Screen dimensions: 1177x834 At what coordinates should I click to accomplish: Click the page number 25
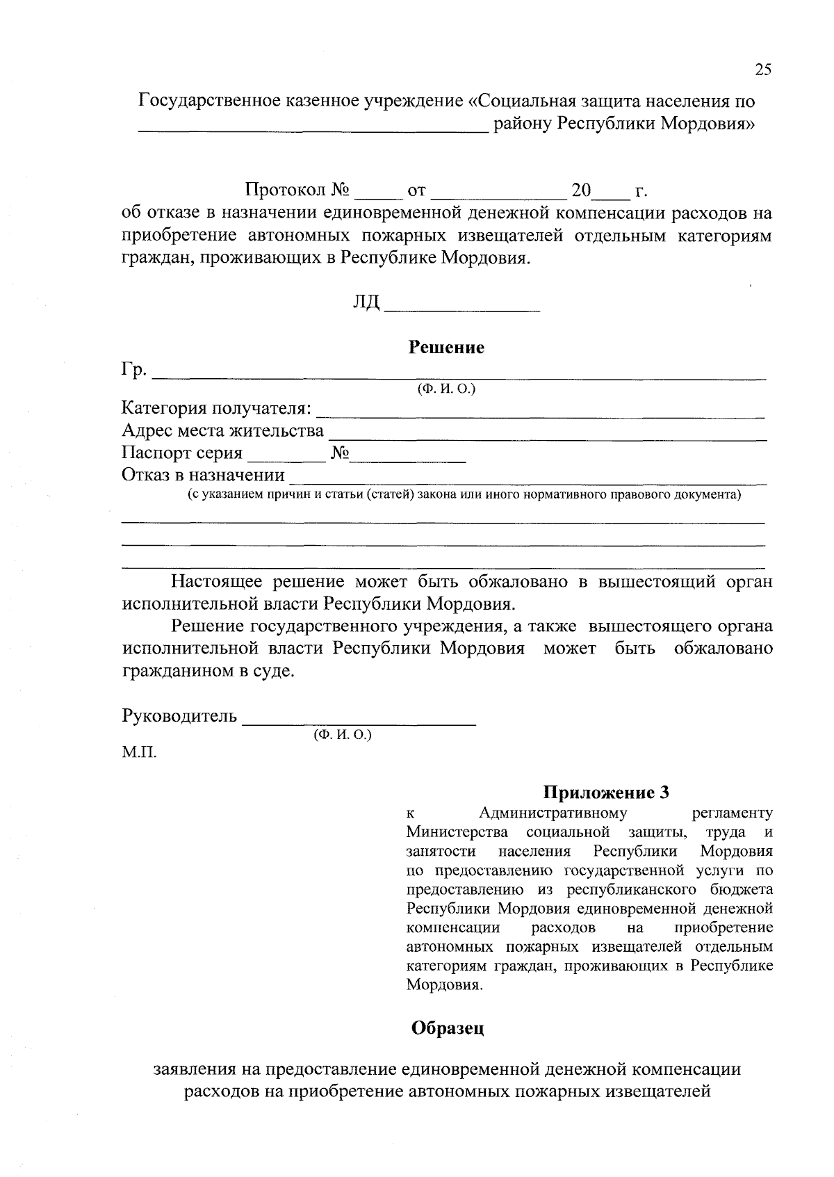pos(762,70)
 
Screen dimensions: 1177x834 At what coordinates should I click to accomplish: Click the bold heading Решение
pos(445,348)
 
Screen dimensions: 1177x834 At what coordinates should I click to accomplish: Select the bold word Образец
pos(447,1028)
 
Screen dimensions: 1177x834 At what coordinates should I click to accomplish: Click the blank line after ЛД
pos(462,306)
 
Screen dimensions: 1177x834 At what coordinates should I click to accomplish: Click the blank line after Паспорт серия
pos(287,459)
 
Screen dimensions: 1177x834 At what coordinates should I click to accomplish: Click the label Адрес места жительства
pos(222,431)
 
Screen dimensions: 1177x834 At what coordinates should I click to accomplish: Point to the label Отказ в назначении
pos(203,476)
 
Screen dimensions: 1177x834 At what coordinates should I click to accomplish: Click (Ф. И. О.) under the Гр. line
pos(445,389)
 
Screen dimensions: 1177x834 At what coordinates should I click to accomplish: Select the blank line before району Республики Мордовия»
pos(313,128)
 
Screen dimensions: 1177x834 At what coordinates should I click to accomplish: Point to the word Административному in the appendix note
pos(553,813)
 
